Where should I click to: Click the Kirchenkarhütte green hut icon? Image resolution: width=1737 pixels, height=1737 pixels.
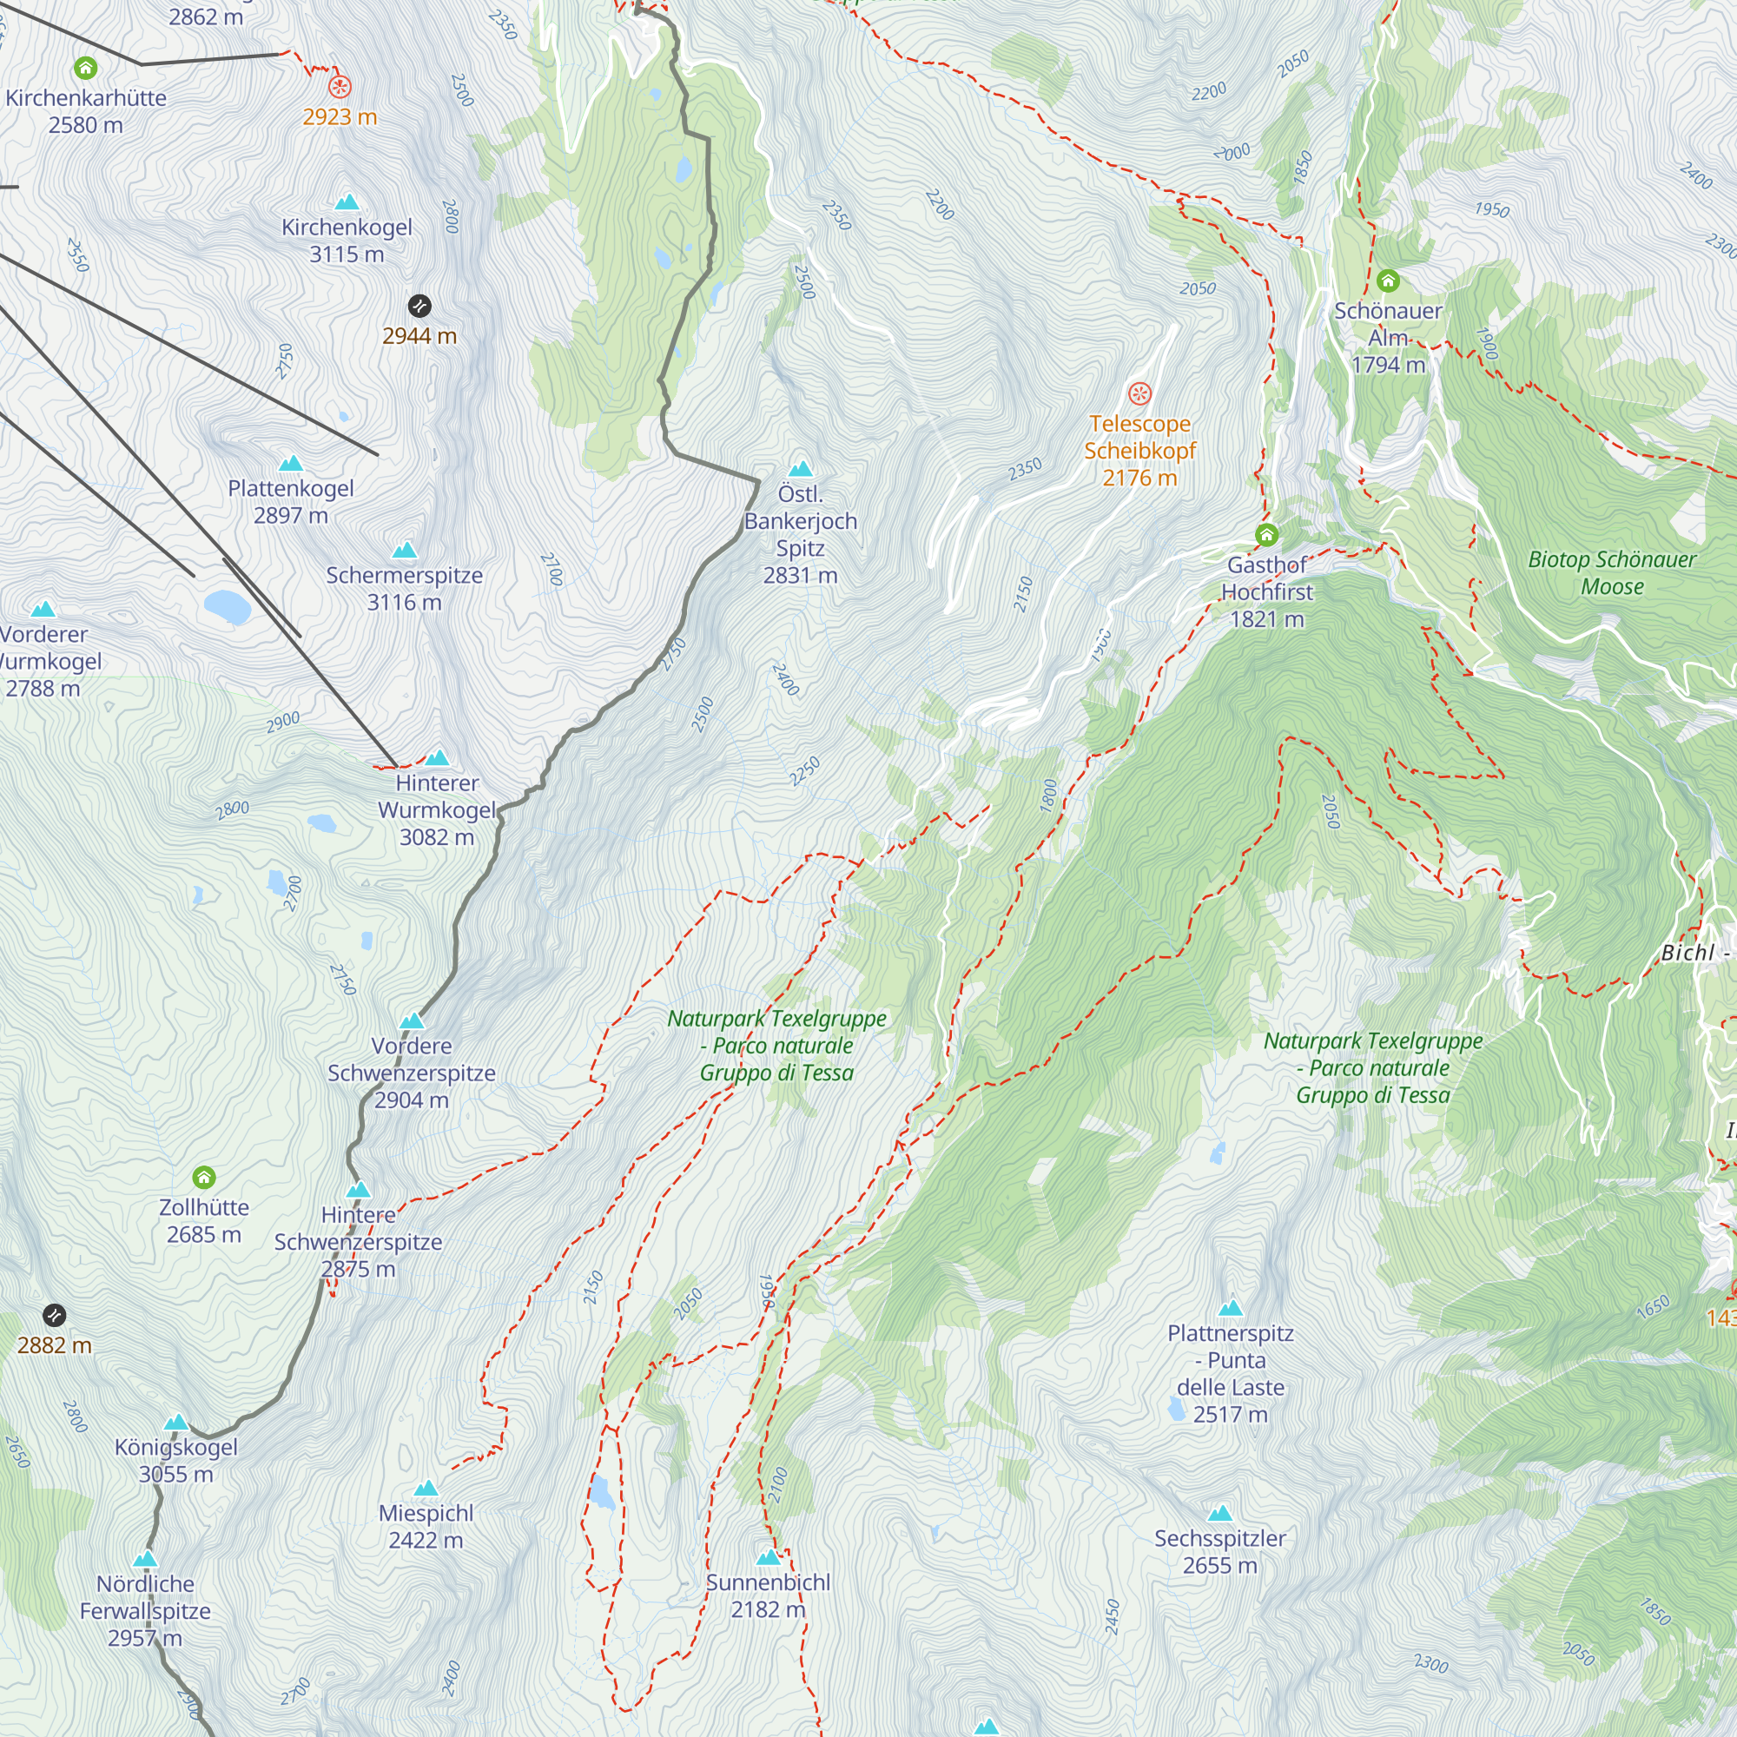pos(85,68)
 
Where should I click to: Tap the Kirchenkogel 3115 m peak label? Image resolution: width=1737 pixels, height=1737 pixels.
pos(347,241)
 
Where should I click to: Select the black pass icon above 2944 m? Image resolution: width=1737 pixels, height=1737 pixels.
pos(419,306)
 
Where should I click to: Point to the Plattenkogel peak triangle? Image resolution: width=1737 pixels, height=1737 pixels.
pos(290,464)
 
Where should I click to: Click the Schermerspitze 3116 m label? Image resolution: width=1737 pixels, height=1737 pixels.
pos(404,589)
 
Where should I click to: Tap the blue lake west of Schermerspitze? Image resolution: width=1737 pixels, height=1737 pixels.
pos(227,607)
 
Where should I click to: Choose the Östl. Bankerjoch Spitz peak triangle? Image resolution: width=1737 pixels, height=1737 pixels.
pos(800,468)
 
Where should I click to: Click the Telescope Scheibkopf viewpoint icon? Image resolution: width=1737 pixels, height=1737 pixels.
pos(1139,393)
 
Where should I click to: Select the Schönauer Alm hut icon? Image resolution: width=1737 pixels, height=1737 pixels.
pos(1387,281)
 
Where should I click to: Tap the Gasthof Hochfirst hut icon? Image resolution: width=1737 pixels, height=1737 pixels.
pos(1266,535)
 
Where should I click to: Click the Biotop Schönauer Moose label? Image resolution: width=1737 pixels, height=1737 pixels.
pos(1611,572)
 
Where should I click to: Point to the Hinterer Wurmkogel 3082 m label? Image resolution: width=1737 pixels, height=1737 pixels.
pos(436,810)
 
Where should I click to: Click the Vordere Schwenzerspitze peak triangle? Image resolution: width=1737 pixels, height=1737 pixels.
pos(411,1020)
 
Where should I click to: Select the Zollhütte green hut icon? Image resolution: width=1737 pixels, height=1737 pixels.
pos(204,1177)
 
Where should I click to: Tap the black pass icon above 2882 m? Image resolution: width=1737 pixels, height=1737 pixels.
pos(54,1315)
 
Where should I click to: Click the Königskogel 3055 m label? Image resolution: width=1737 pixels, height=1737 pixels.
pos(175,1460)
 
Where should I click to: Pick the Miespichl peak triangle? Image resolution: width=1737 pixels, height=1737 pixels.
pos(426,1489)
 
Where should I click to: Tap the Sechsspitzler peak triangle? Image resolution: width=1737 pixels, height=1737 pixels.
pos(1219,1514)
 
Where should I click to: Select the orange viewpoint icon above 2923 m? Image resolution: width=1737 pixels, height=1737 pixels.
pos(339,86)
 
